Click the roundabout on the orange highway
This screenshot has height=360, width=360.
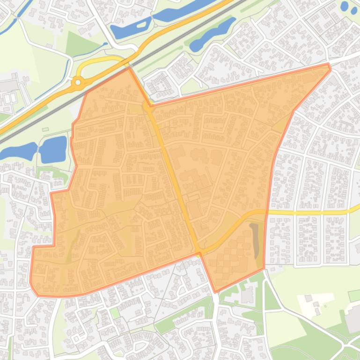(x=78, y=83)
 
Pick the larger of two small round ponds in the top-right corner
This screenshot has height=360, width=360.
(x=345, y=6)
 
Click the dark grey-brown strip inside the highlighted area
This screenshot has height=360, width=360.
(x=255, y=240)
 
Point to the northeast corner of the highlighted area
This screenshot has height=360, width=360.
(x=329, y=65)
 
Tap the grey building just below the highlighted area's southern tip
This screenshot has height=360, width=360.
(x=247, y=295)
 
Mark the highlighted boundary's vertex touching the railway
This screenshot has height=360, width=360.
(x=129, y=68)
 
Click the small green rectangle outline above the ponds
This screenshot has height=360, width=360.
(x=45, y=129)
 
